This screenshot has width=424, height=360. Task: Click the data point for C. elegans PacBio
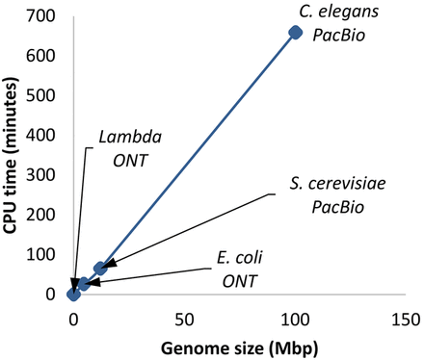[296, 33]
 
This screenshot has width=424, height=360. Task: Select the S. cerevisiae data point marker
[100, 269]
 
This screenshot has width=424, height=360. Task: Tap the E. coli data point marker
[84, 284]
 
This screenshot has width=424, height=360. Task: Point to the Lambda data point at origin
[73, 294]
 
